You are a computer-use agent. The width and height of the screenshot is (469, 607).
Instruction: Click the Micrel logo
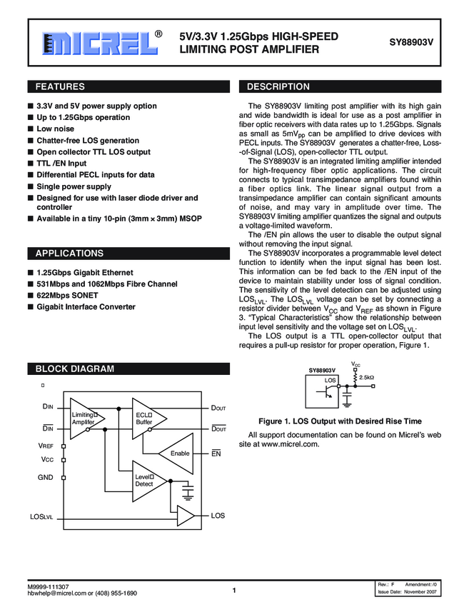(100, 43)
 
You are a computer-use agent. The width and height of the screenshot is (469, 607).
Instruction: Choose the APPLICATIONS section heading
(69, 254)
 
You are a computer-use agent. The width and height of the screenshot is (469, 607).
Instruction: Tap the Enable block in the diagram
(179, 453)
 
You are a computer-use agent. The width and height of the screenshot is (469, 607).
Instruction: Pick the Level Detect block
(146, 480)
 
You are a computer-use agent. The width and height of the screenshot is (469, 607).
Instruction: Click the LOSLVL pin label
(41, 516)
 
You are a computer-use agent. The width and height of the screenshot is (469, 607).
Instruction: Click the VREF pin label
(46, 446)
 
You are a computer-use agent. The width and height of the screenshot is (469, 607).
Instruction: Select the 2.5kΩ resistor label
(367, 376)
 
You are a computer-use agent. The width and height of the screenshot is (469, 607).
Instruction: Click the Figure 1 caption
(339, 421)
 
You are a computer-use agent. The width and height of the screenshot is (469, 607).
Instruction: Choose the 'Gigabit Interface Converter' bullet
(86, 307)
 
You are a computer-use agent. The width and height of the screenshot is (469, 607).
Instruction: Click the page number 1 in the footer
(234, 590)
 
